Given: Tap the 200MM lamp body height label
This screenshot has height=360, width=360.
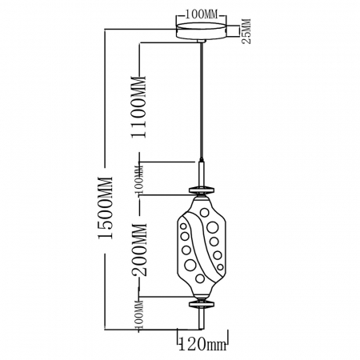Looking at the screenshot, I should [140, 249].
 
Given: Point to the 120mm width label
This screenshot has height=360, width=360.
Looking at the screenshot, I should [199, 346].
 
